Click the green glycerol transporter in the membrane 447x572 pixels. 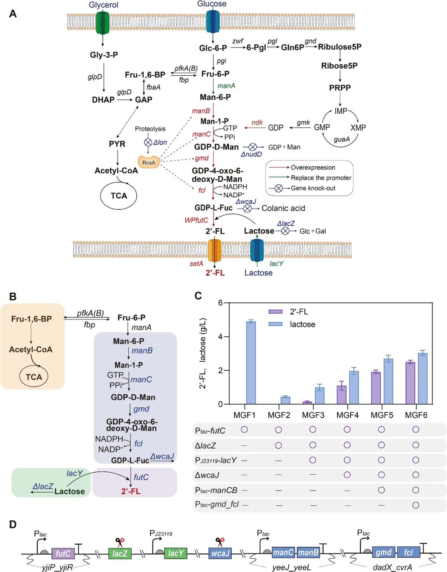(102, 22)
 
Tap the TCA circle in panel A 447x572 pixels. (119, 196)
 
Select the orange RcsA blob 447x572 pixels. (149, 162)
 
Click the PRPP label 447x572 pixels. (340, 88)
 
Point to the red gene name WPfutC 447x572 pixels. (196, 220)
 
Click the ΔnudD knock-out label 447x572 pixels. (251, 154)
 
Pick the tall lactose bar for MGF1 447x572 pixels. (251, 363)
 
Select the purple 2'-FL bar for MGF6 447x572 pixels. (410, 383)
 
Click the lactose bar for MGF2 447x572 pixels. (285, 400)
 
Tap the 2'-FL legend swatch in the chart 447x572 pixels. (276, 312)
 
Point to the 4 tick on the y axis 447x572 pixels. (220, 336)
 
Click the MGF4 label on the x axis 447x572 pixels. (347, 415)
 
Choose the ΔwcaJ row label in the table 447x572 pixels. (207, 475)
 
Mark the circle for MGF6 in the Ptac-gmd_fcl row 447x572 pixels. (416, 505)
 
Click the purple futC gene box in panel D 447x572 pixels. (63, 553)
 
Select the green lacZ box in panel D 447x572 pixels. (120, 553)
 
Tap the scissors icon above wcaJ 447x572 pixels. (220, 542)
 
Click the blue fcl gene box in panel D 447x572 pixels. (409, 553)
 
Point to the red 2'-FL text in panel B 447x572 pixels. (131, 491)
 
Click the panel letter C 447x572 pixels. (198, 296)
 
